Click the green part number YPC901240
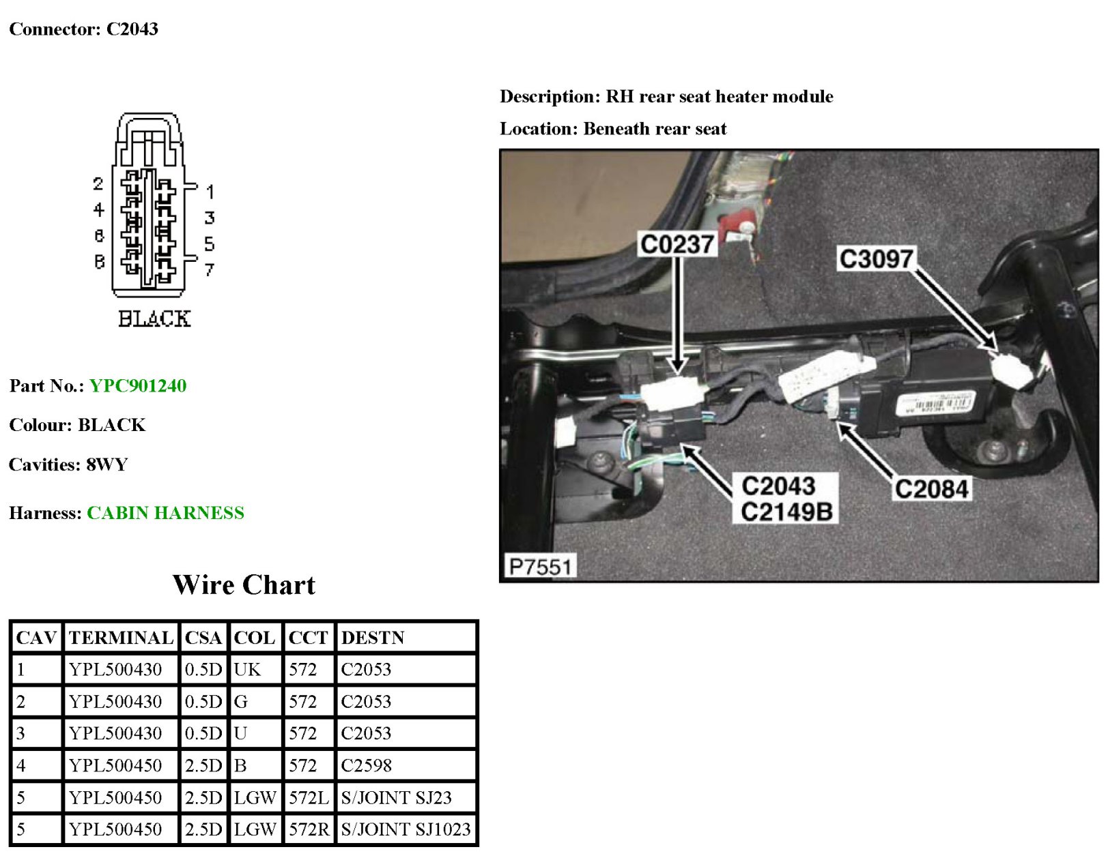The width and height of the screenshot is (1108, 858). [x=137, y=386]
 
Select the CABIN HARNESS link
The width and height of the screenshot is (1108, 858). [x=165, y=513]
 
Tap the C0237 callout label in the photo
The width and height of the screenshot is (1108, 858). [x=677, y=244]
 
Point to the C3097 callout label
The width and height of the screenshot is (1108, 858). [x=875, y=259]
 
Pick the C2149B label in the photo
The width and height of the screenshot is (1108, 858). [x=786, y=512]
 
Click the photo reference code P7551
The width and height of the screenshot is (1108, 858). [x=539, y=566]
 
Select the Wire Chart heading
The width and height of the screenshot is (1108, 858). [x=244, y=585]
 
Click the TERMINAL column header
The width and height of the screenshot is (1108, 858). [x=121, y=638]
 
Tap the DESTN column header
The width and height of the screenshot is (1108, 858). [x=373, y=638]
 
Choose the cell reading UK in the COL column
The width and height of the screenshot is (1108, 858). [x=247, y=670]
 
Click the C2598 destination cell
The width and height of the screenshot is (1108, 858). [x=367, y=765]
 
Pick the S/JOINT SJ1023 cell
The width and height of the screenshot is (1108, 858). [x=406, y=829]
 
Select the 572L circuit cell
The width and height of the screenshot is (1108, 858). [x=309, y=797]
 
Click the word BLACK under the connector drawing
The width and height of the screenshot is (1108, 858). [x=154, y=319]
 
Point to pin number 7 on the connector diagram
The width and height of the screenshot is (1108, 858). [x=209, y=270]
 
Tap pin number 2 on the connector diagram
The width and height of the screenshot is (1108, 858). [x=98, y=184]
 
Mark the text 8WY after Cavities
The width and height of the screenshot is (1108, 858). [x=107, y=464]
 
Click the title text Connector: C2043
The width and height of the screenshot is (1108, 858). [x=83, y=29]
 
